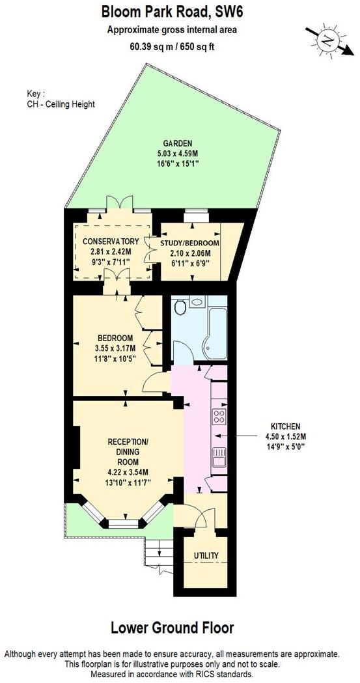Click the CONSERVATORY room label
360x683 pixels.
[111, 242]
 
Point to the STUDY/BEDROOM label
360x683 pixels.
[189, 243]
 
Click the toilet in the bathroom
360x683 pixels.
[180, 305]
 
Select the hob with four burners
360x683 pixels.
[219, 415]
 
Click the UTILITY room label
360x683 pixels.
[206, 555]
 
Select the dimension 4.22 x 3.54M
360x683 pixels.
[128, 472]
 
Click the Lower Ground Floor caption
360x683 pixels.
[171, 628]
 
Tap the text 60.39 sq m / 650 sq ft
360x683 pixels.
[171, 46]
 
